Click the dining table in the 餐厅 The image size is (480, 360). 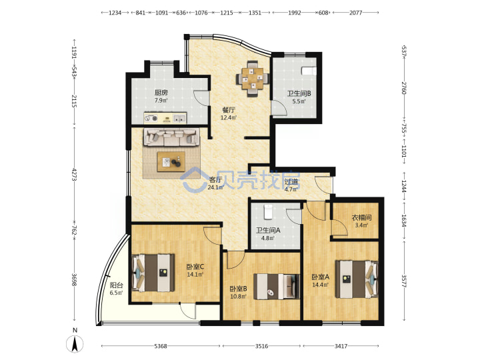click(253, 79)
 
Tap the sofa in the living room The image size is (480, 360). click(171, 137)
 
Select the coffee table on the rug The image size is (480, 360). click(171, 161)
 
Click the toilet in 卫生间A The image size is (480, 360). click(268, 212)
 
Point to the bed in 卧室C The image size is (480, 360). click(153, 273)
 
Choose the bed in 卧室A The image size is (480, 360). click(357, 279)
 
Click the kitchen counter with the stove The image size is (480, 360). click(165, 118)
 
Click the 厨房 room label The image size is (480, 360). click(161, 93)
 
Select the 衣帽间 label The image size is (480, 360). click(361, 217)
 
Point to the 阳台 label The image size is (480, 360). click(117, 285)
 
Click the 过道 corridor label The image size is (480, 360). click(291, 181)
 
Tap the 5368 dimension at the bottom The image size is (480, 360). click(161, 346)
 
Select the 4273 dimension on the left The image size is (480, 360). click(74, 174)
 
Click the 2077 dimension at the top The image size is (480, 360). click(355, 13)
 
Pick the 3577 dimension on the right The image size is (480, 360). click(404, 281)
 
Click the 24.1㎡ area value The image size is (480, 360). click(215, 187)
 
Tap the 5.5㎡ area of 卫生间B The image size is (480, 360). click(299, 101)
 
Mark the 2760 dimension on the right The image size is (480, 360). click(404, 88)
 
